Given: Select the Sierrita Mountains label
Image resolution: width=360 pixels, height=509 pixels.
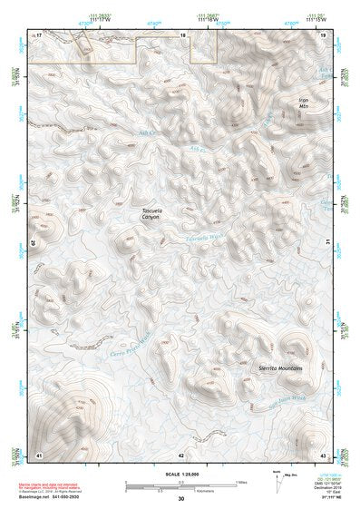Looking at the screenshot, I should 279,367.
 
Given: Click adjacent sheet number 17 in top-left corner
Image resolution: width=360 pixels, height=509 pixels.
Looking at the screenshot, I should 39,34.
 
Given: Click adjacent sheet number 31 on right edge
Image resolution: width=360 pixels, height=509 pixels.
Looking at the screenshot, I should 326,241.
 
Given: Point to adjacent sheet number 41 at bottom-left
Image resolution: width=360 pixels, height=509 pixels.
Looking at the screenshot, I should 39,454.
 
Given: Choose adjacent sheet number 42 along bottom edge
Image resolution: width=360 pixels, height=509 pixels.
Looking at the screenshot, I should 181,454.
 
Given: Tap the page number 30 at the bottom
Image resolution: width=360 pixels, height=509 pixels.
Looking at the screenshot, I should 181,500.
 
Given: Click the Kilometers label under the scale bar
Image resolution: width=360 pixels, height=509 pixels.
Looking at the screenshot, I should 181,491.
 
